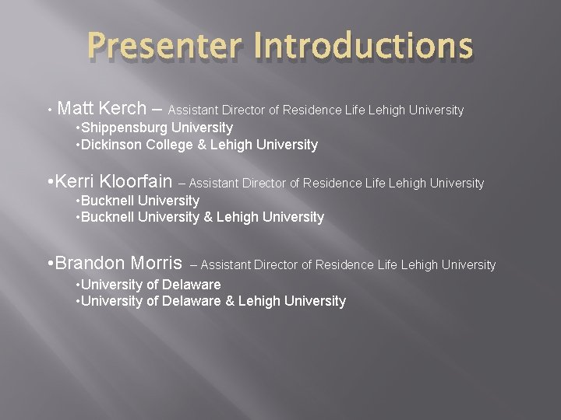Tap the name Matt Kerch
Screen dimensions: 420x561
point(102,109)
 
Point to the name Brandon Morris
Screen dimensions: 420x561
point(119,264)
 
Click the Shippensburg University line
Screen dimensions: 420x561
point(155,127)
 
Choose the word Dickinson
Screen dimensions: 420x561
point(108,145)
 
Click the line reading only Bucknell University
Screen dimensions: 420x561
point(139,201)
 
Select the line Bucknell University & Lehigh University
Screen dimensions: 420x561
point(200,217)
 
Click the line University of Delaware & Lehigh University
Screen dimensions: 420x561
point(211,301)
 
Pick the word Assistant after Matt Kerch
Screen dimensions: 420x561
point(193,110)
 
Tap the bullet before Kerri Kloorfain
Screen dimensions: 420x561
point(50,182)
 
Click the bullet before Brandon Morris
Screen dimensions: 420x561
point(50,264)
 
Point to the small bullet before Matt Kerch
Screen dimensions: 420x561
point(49,110)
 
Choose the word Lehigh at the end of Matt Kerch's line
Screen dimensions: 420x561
point(386,110)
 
